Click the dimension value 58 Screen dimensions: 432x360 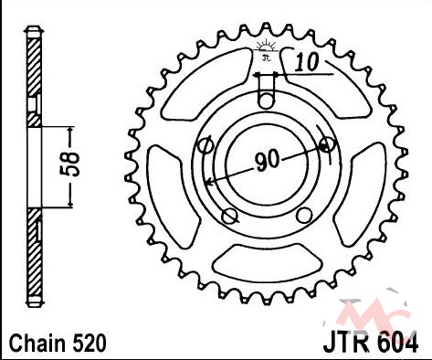69,164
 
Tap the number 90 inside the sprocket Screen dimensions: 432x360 267,160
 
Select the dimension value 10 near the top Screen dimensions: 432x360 307,63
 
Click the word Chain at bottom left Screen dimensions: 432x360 37,343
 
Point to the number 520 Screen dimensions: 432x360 90,343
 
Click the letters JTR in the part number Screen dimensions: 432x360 347,344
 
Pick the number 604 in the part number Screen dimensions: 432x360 397,344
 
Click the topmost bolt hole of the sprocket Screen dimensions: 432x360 267,101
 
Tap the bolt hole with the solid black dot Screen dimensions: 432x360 327,145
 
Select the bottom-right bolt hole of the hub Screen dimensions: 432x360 304,216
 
